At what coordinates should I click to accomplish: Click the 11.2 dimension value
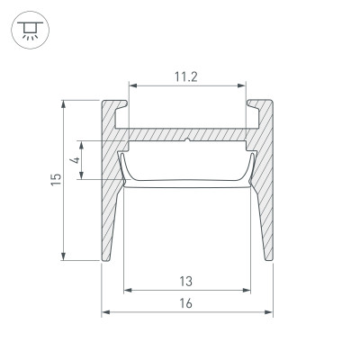coord(186,77)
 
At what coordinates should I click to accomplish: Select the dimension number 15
coord(56,180)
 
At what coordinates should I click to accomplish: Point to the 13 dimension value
coord(186,281)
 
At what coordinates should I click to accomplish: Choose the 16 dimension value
coord(186,303)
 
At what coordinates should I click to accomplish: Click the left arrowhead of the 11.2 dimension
coord(131,87)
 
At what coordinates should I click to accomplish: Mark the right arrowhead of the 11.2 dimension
coord(242,87)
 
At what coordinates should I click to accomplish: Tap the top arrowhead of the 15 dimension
coord(65,103)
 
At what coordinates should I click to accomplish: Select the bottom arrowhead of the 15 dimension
coord(65,256)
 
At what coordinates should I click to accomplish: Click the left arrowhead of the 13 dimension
coord(125,291)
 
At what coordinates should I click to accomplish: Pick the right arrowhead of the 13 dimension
coord(248,291)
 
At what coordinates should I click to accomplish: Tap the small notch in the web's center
coord(186,140)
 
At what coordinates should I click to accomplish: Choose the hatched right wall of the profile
coord(262,207)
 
